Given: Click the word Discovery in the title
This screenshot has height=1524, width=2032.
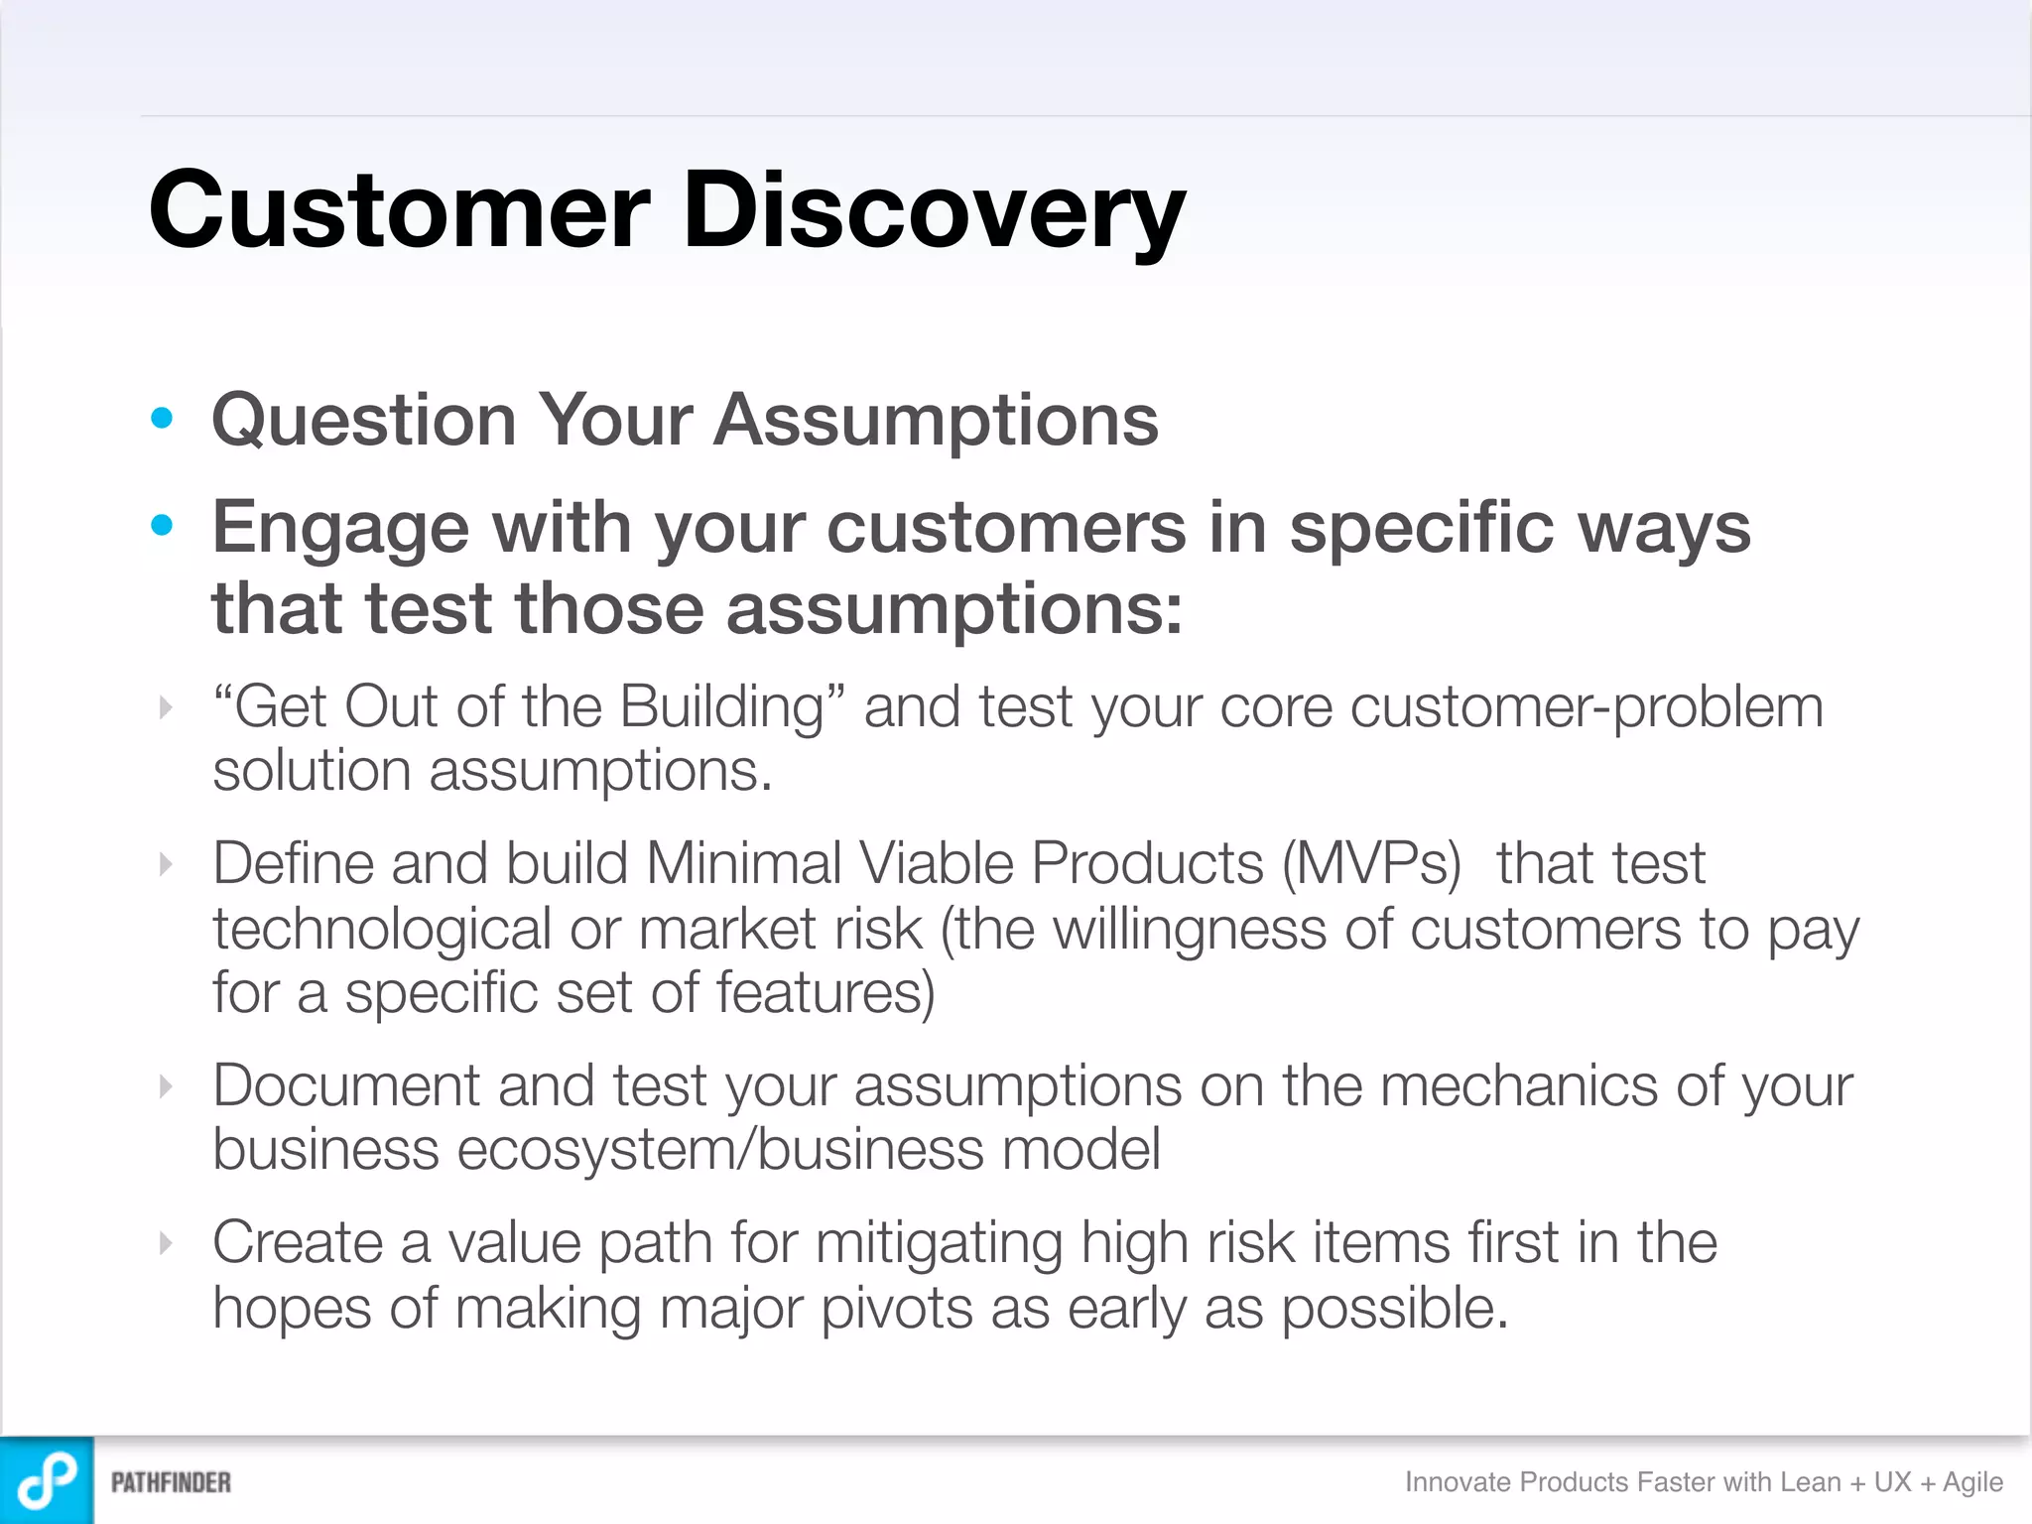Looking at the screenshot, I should pos(933,210).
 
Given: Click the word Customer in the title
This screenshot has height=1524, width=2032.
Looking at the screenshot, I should pos(399,210).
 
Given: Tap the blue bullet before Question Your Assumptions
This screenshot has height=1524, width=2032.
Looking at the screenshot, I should pos(162,418).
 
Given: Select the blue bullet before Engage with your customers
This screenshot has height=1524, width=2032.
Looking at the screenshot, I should pos(162,525).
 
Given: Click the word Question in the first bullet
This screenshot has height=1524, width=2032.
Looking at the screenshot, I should pos(364,421).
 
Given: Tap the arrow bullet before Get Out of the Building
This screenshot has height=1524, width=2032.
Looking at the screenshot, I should pos(166,707).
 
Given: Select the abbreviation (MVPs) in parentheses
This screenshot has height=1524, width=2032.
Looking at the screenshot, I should pos(1371,863).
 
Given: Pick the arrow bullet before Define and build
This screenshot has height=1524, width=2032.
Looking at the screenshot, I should pos(166,864).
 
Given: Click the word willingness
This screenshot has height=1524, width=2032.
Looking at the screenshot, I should pos(1190,931).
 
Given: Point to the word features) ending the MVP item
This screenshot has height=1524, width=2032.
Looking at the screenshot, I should pos(825,993).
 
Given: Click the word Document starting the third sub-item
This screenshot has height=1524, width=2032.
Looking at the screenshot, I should pos(345,1085).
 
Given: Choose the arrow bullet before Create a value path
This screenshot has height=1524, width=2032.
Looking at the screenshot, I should pos(166,1242).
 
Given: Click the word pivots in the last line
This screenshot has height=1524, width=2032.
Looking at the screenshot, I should pos(896,1308).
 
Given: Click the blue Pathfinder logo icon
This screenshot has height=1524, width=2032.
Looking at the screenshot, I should pos(47,1480).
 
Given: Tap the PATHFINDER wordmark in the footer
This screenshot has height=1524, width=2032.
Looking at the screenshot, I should pos(171,1482).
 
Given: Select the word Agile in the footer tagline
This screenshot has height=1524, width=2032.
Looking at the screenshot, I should pos(1972,1482).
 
